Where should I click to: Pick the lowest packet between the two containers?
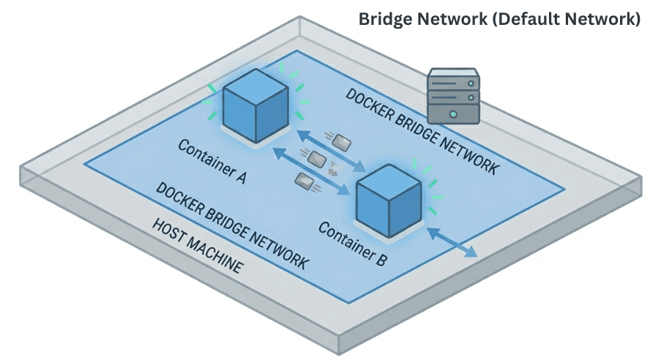(x=303, y=178)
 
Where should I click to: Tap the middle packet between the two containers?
(x=315, y=157)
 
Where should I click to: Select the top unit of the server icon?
(x=453, y=78)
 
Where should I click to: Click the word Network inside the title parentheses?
(x=607, y=19)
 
